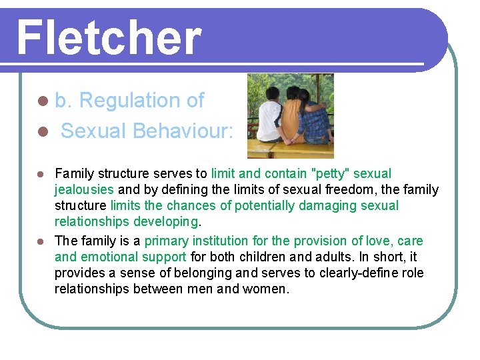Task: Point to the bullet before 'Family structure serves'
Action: click(x=41, y=175)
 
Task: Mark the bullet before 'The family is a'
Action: click(x=41, y=241)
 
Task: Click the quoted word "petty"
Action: click(x=331, y=174)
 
